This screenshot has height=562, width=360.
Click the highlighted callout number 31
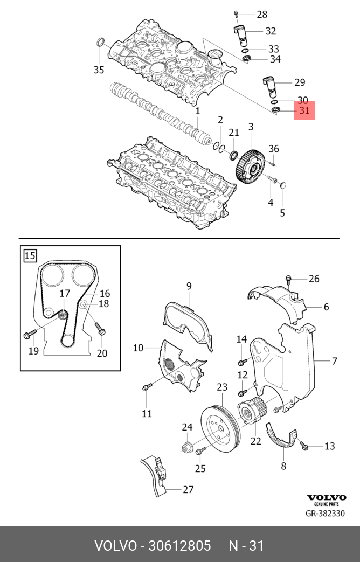click(x=304, y=111)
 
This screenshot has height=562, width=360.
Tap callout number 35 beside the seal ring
click(x=98, y=70)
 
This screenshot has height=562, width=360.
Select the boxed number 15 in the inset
click(x=31, y=255)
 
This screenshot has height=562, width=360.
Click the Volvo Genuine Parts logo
click(x=326, y=499)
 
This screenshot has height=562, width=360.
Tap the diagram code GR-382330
click(x=325, y=514)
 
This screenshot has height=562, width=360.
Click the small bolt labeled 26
click(x=288, y=279)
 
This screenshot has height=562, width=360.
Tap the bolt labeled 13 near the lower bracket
click(x=303, y=446)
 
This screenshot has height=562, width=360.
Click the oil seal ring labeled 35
click(x=100, y=44)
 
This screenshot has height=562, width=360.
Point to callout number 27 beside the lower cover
click(x=188, y=490)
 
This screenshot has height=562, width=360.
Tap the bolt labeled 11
click(x=145, y=387)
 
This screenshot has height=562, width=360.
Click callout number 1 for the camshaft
click(x=198, y=111)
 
